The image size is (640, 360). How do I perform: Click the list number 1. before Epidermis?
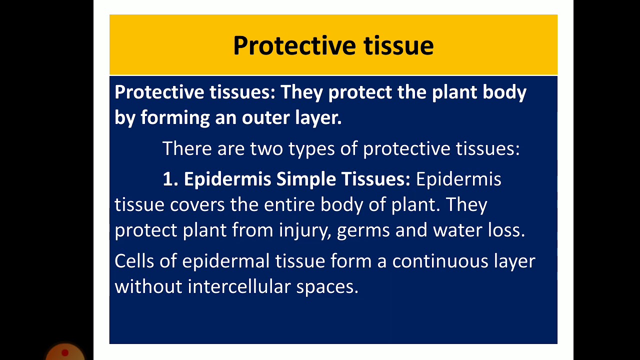(x=170, y=179)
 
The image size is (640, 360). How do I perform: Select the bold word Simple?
(x=307, y=179)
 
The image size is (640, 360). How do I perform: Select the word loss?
(x=506, y=230)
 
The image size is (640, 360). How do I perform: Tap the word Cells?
(x=133, y=261)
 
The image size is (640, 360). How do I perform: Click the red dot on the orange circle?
(x=64, y=353)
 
